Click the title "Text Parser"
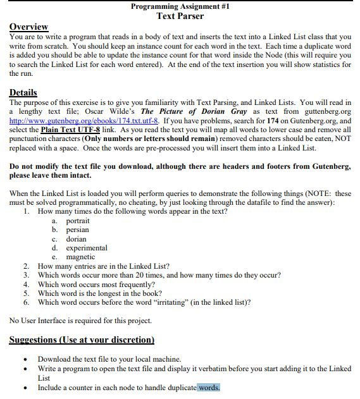click(x=180, y=16)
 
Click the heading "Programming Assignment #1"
click(x=180, y=6)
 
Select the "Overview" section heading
click(x=28, y=27)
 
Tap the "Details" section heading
click(x=23, y=92)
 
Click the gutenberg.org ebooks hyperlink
click(x=85, y=120)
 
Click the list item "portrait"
click(x=78, y=221)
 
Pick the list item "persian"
click(x=77, y=230)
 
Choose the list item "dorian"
click(x=76, y=239)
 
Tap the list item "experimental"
click(x=87, y=248)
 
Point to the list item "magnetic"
click(x=80, y=257)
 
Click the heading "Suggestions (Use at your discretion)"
click(x=82, y=340)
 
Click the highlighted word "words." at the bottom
click(x=208, y=387)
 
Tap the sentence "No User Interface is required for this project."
click(x=80, y=321)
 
